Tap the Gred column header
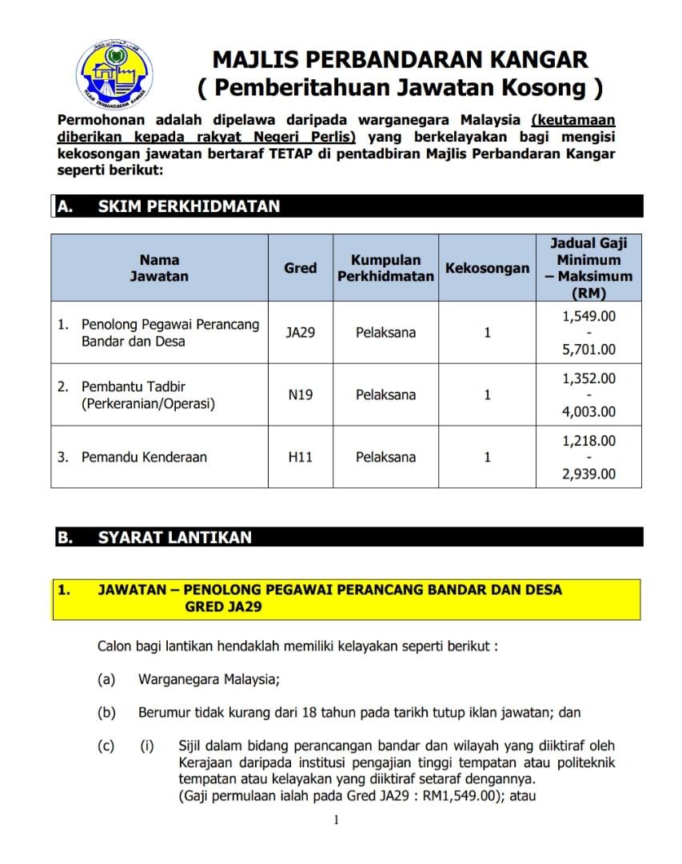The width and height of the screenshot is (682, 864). [301, 268]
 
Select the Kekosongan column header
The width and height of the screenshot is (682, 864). [487, 268]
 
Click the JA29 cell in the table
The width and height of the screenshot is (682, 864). [301, 333]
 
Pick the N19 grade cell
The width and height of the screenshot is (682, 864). [301, 394]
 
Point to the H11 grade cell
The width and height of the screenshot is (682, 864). [301, 458]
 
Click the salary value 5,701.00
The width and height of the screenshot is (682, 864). [588, 350]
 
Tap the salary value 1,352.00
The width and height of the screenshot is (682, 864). [588, 378]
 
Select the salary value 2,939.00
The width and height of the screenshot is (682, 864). [588, 474]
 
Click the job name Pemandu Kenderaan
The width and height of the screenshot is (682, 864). [144, 458]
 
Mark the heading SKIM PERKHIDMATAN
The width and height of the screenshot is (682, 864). [189, 206]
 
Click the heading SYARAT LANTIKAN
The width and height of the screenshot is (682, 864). [174, 538]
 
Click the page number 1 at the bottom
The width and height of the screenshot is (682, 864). [337, 819]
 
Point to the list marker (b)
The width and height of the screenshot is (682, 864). [106, 712]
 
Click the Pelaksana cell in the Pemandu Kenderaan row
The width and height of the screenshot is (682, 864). [385, 458]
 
